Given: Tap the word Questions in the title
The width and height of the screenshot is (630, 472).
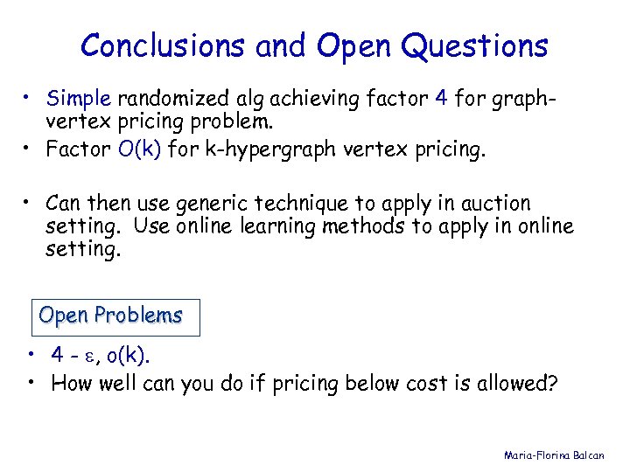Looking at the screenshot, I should [x=477, y=45].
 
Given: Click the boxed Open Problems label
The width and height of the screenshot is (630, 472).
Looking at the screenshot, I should [x=111, y=316].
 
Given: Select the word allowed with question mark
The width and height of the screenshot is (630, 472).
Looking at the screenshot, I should [x=517, y=383].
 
